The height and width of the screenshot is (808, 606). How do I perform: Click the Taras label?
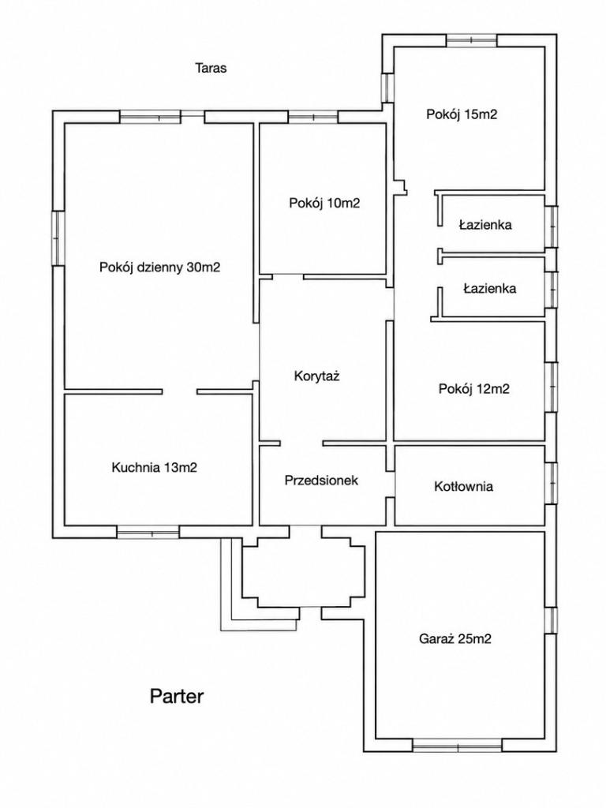click(211, 68)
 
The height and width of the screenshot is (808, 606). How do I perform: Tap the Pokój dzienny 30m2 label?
click(160, 267)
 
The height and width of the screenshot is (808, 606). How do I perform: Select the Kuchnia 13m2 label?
click(155, 467)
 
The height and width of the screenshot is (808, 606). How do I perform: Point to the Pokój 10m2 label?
click(324, 203)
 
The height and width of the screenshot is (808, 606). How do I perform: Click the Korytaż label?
click(317, 376)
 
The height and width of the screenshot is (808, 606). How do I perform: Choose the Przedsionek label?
click(322, 481)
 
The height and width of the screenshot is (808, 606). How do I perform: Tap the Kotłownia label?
click(464, 486)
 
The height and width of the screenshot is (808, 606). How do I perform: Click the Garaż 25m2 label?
click(455, 639)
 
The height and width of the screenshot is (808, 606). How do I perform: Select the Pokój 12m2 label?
click(474, 388)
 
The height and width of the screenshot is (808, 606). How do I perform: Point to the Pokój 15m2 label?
click(462, 114)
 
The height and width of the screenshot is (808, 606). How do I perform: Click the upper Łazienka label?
click(485, 225)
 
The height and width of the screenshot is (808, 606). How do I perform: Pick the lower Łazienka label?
click(489, 288)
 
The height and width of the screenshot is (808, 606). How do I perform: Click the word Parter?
click(177, 696)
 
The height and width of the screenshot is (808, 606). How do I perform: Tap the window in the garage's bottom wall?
click(458, 745)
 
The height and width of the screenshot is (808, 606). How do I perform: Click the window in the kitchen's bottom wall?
click(148, 532)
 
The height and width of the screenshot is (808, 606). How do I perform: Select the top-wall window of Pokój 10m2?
click(313, 117)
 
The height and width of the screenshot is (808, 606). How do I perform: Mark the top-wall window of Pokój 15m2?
click(472, 40)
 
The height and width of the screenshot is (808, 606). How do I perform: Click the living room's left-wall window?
click(58, 238)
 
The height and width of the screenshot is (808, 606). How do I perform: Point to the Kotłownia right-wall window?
click(552, 483)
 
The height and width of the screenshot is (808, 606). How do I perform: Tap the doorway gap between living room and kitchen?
click(180, 391)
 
